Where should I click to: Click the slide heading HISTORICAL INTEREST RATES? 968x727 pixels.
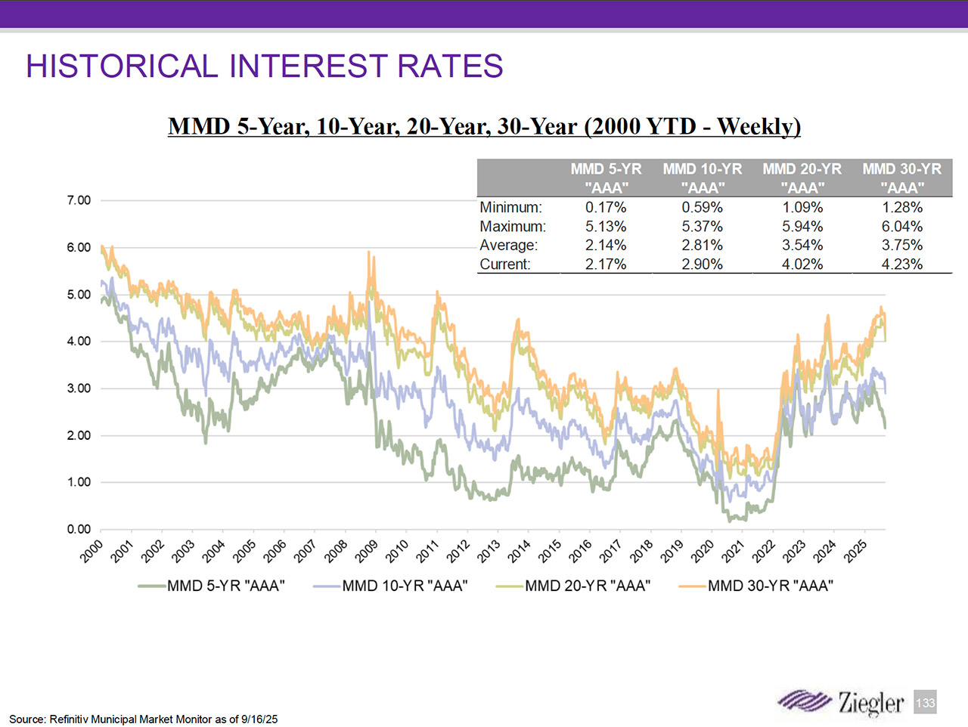[x=264, y=67]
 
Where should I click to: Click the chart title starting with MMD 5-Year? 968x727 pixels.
[x=484, y=126]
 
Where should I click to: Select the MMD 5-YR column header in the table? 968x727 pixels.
[x=606, y=178]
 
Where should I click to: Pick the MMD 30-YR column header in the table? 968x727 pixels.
[x=901, y=178]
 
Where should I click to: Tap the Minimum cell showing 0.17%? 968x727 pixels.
[x=606, y=207]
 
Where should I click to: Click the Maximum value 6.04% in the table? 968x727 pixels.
[x=901, y=226]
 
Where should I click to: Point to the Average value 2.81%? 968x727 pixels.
[x=702, y=245]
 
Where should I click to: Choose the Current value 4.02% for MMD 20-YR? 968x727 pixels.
[x=802, y=264]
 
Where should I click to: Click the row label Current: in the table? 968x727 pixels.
[x=505, y=264]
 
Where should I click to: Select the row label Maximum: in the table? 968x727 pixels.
[x=512, y=226]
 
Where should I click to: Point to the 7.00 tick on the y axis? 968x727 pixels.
[x=79, y=200]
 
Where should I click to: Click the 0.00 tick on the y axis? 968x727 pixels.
[x=79, y=529]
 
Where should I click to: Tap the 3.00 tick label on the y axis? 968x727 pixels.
[x=79, y=388]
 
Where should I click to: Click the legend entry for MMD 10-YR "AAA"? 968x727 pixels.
[x=405, y=586]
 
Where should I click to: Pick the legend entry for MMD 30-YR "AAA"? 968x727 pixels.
[x=770, y=586]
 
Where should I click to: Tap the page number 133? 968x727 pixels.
[x=925, y=703]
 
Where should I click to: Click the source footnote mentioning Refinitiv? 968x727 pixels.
[x=143, y=719]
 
